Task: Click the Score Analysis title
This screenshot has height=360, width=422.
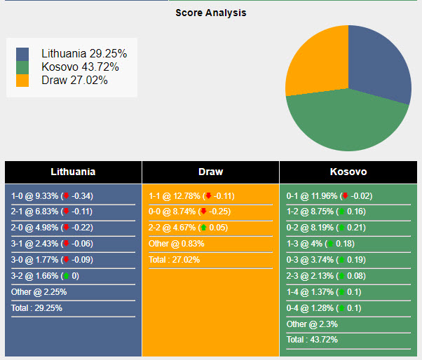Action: click(x=210, y=13)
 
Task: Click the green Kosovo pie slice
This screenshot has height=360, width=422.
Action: click(x=343, y=123)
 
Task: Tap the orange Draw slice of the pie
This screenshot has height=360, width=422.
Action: click(x=315, y=63)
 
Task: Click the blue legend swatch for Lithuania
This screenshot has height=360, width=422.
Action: click(x=22, y=54)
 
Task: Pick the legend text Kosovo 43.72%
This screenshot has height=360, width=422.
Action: click(x=80, y=67)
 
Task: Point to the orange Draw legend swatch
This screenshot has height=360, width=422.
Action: click(x=22, y=81)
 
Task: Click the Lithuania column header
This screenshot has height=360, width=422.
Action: click(x=73, y=172)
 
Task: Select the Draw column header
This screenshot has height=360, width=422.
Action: click(x=210, y=172)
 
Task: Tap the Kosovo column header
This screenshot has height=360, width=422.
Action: click(x=348, y=172)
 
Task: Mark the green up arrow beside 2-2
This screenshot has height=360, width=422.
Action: click(x=203, y=228)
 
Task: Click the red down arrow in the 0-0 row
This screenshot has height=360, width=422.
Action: click(x=203, y=212)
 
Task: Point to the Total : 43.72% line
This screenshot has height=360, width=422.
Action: click(x=313, y=340)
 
